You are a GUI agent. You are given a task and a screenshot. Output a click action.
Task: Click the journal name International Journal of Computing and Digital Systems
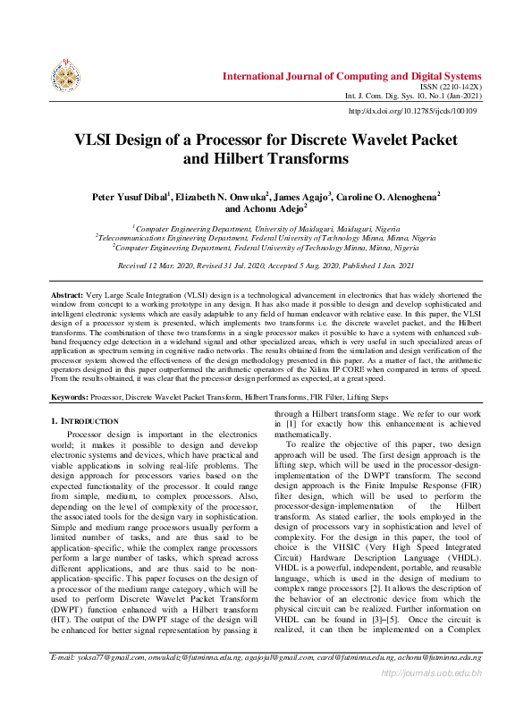point(351,76)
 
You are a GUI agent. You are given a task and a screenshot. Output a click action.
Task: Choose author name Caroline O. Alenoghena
point(387,196)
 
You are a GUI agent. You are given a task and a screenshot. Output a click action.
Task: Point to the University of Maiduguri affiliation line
point(266,229)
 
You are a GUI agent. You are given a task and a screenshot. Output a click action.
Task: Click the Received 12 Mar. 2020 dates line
point(266,266)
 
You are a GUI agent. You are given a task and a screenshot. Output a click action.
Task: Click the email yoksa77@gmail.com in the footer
point(111,681)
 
